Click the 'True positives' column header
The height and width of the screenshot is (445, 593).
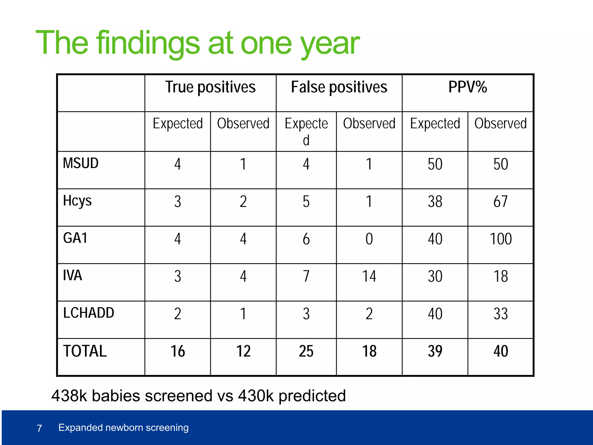(x=210, y=87)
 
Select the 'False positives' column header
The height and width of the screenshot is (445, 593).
(x=339, y=87)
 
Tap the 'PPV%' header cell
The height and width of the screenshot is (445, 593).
(x=467, y=87)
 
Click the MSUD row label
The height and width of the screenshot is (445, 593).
(x=81, y=163)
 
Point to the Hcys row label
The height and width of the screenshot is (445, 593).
(x=77, y=201)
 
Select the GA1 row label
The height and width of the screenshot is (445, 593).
(x=75, y=238)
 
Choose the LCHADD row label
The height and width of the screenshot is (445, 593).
(x=89, y=313)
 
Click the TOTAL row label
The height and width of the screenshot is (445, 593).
(x=85, y=351)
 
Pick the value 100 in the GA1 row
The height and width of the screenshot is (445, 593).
(x=501, y=239)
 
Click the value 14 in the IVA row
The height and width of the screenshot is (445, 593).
(x=369, y=276)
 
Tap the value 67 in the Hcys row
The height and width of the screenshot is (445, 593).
(x=500, y=202)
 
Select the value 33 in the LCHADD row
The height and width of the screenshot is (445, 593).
(x=501, y=314)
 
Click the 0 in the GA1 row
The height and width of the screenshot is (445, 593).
(x=369, y=239)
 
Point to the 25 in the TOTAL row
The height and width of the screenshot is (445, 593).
(x=306, y=351)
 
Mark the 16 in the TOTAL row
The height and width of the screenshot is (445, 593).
(x=177, y=351)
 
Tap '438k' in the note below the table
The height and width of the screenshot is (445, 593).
(x=69, y=396)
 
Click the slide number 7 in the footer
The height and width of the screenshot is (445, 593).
(x=40, y=428)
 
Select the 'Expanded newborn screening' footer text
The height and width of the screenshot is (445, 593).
(x=123, y=428)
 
